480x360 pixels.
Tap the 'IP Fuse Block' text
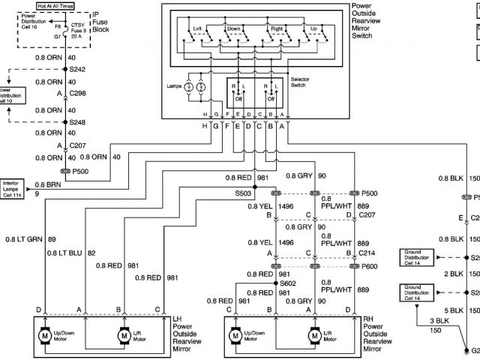(101, 24)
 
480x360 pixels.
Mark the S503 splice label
(242, 193)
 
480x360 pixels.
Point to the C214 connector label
(367, 253)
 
